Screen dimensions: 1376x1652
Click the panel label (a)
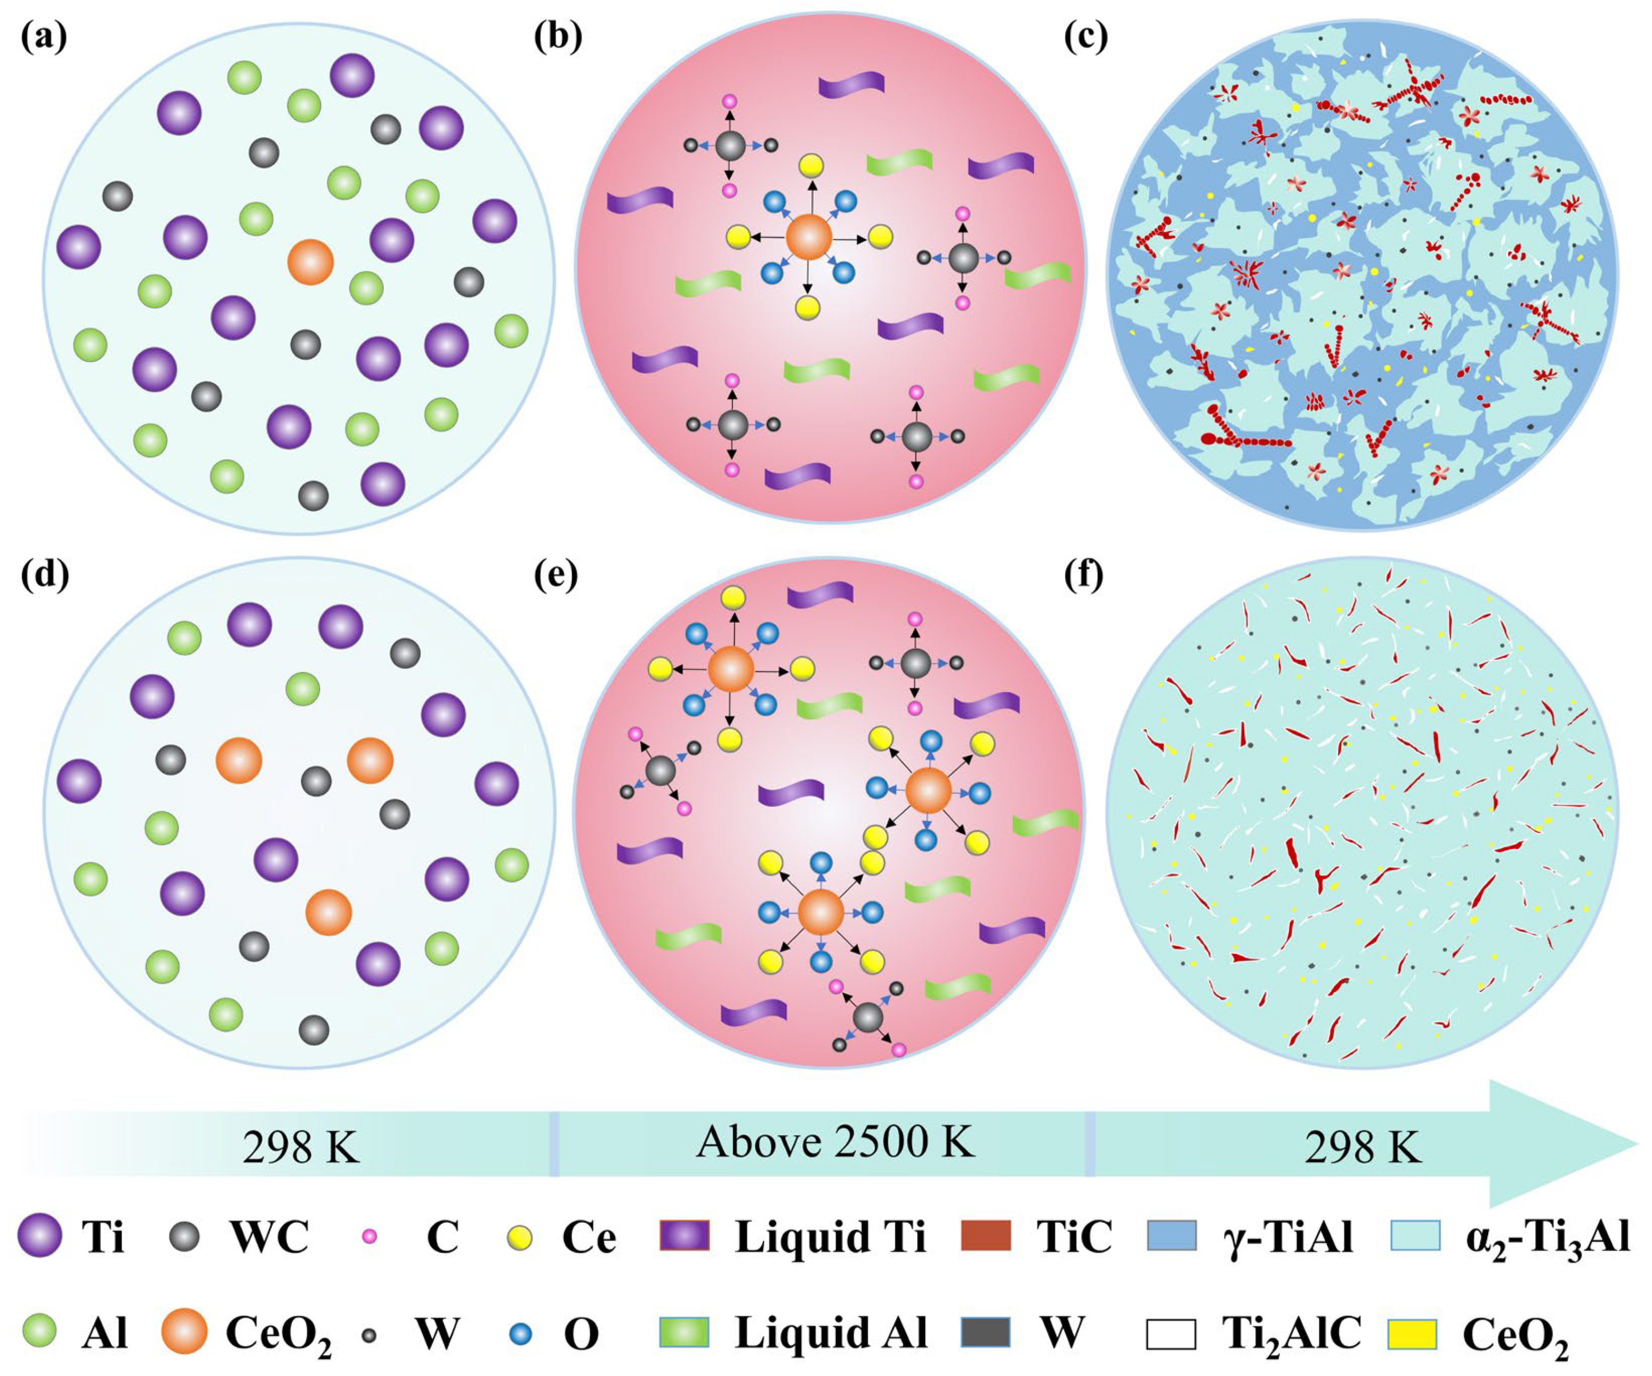pos(43,38)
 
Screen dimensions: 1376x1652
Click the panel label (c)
pos(1085,38)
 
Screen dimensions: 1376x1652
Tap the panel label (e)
pos(555,575)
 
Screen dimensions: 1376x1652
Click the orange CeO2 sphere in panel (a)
pos(311,262)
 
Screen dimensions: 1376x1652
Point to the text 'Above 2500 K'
pos(835,1142)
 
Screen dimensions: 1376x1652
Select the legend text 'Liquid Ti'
pos(831,1237)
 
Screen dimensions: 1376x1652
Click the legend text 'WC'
pos(270,1237)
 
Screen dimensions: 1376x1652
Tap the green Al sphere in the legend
pos(39,1333)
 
